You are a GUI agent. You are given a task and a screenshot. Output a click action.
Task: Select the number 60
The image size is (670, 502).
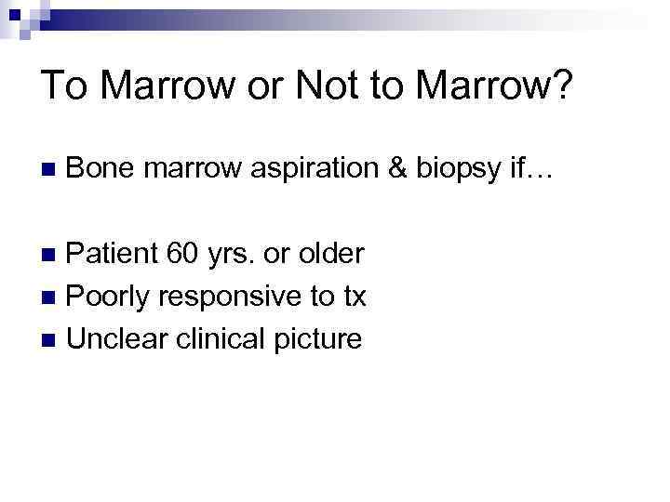click(182, 253)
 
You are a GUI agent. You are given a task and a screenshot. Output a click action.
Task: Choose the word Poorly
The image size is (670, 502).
click(110, 297)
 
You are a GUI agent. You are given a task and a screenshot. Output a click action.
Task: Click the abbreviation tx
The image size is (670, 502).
click(355, 297)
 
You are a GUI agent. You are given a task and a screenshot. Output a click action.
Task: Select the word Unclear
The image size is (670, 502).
click(115, 339)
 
